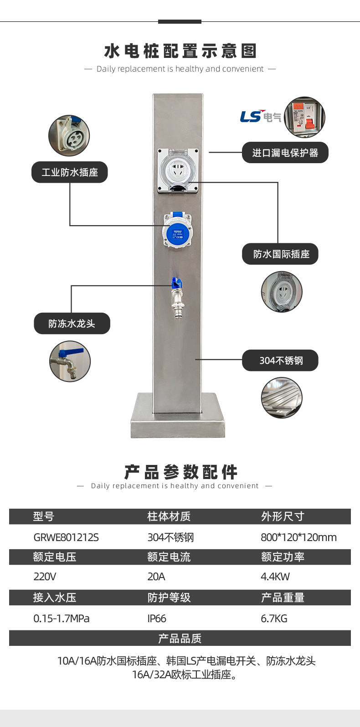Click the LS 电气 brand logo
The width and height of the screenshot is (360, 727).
tap(261, 117)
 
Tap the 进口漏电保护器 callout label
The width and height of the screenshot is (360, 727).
tap(285, 153)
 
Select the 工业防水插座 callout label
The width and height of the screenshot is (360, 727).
tap(70, 172)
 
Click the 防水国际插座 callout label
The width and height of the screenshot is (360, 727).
tap(280, 254)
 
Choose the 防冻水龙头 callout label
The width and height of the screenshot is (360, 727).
tap(72, 324)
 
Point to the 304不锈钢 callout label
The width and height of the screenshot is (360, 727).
tap(280, 361)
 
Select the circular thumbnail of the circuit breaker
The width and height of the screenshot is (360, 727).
tap(304, 117)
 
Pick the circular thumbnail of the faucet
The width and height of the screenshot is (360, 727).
tap(70, 361)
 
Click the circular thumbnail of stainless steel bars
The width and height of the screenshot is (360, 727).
tap(282, 397)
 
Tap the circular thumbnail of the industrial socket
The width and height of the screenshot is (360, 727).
tap(69, 135)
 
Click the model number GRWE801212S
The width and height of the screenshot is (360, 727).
tap(66, 537)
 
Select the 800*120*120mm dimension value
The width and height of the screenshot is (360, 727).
tap(298, 537)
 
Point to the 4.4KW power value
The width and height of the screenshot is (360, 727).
tap(275, 577)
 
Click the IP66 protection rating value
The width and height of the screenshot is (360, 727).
tap(157, 619)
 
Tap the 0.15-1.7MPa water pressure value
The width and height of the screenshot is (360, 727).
tap(62, 619)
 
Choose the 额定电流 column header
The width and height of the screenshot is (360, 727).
tap(169, 557)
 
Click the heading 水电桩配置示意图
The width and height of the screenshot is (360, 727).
tap(180, 51)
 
